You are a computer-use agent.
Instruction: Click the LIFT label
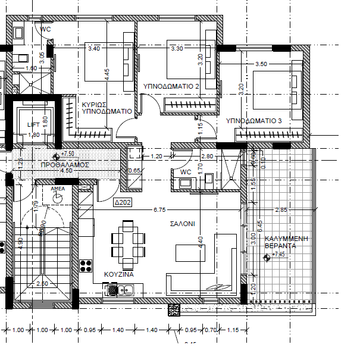(33, 125)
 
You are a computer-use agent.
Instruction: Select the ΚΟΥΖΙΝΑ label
(118, 276)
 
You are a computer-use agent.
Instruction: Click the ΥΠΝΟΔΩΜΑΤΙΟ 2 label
(171, 87)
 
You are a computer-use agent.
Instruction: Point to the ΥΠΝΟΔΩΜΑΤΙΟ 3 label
(254, 121)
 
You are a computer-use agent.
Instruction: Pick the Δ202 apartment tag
(124, 202)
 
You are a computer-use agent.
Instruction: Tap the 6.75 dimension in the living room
(159, 210)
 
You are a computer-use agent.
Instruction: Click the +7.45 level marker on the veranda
(279, 255)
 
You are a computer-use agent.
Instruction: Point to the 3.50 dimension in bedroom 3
(261, 64)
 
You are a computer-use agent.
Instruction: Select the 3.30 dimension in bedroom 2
(177, 49)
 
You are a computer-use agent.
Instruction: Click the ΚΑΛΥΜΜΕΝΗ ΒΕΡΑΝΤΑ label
(287, 241)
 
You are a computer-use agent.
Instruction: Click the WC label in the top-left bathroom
(45, 29)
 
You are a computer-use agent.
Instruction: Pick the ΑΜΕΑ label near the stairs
(58, 188)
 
